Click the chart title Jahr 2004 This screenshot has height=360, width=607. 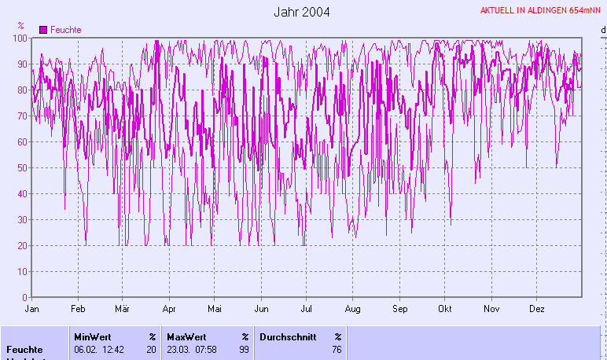pyautogui.click(x=302, y=12)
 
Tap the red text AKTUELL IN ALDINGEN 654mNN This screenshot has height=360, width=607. pyautogui.click(x=541, y=10)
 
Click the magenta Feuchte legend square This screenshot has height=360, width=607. pyautogui.click(x=43, y=30)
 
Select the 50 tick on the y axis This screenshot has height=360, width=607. pyautogui.click(x=24, y=167)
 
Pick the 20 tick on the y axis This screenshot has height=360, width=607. pyautogui.click(x=24, y=245)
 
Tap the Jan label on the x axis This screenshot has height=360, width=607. pyautogui.click(x=32, y=310)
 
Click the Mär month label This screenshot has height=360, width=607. pyautogui.click(x=121, y=310)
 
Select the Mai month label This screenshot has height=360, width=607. pyautogui.click(x=215, y=310)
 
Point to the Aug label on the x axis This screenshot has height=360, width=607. pyautogui.click(x=353, y=310)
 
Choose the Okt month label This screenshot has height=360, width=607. pyautogui.click(x=446, y=310)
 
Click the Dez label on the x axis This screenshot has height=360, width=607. pyautogui.click(x=538, y=310)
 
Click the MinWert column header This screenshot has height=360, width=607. pyautogui.click(x=92, y=336)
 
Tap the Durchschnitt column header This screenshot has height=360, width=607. pyautogui.click(x=287, y=336)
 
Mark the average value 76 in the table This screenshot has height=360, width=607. pyautogui.click(x=337, y=350)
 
